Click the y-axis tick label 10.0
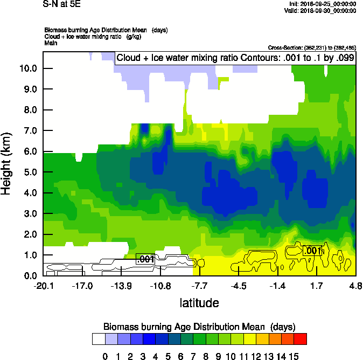tap(27, 68)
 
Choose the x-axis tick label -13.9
tap(121, 286)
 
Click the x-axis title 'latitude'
tap(199, 303)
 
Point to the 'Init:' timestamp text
tap(322, 4)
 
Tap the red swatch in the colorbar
tap(301, 338)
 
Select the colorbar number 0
tap(105, 356)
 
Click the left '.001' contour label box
tap(145, 259)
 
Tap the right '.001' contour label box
tap(312, 250)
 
